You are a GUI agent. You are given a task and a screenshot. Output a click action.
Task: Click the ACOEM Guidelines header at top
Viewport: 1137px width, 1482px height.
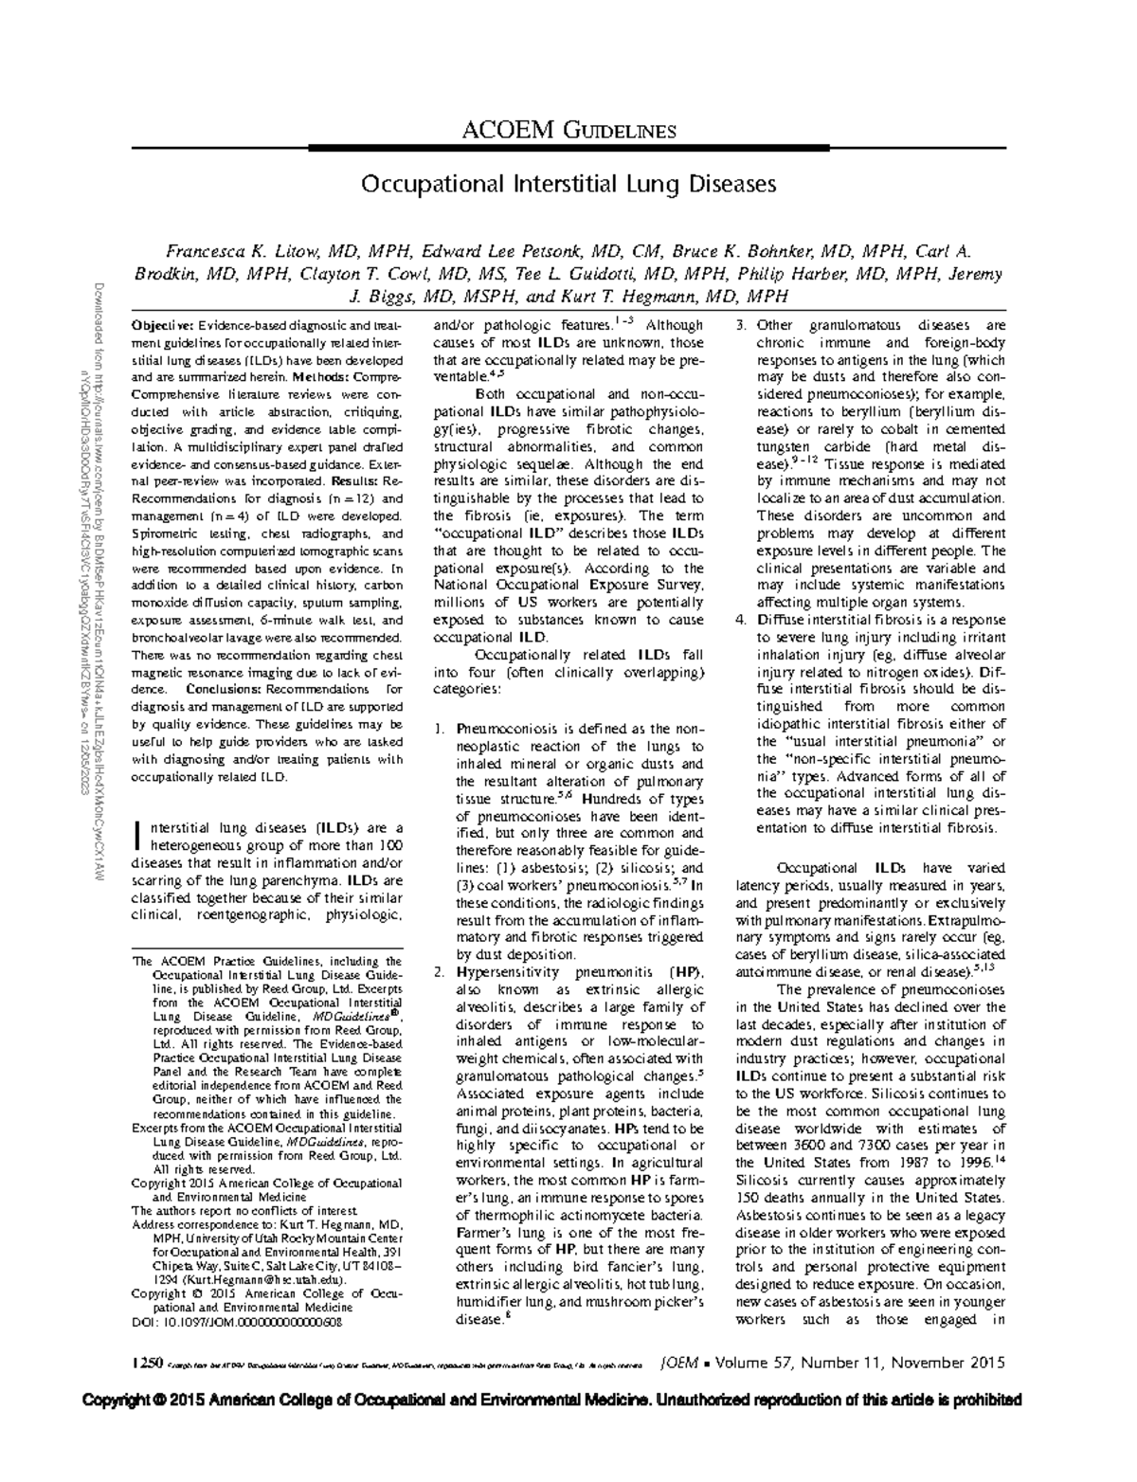click(568, 130)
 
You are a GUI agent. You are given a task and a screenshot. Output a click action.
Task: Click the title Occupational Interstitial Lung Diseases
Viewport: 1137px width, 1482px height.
click(568, 183)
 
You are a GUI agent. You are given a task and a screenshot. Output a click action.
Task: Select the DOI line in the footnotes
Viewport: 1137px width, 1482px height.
click(236, 1321)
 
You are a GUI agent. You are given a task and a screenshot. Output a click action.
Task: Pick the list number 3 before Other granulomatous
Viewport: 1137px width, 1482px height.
click(741, 326)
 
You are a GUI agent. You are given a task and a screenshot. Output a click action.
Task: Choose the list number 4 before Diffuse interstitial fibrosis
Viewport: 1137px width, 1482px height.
click(741, 620)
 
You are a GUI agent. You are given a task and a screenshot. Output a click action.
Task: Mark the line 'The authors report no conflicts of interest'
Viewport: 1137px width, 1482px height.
click(244, 1211)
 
